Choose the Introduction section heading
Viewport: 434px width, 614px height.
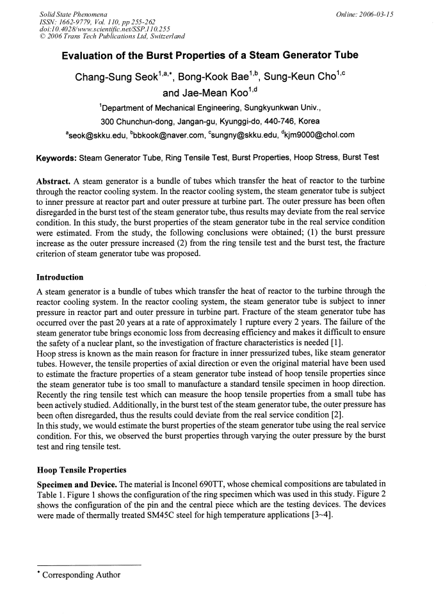[60, 277]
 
